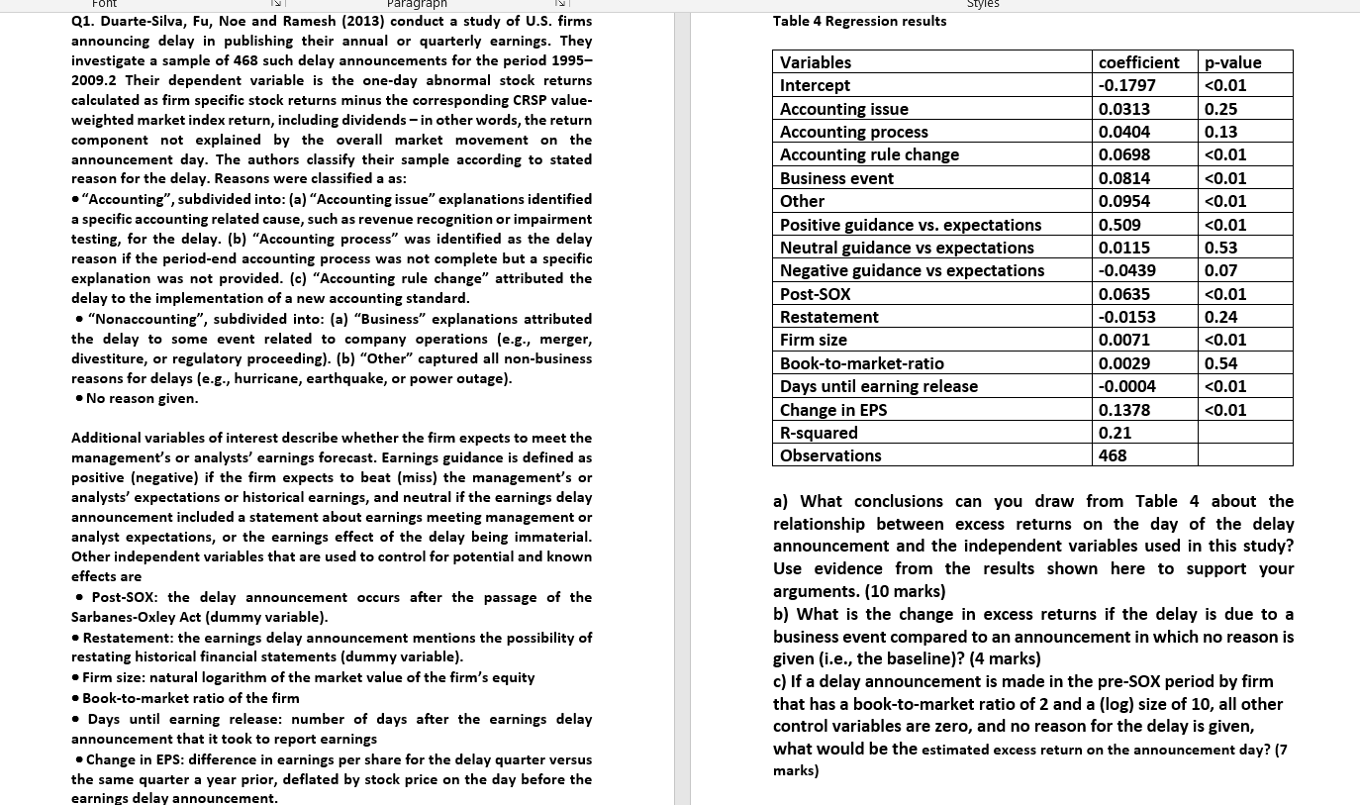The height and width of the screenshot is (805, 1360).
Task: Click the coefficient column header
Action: pos(1138,62)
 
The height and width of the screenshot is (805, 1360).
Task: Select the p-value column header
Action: pos(1232,62)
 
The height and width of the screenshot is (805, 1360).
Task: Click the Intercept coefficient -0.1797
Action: pos(1126,85)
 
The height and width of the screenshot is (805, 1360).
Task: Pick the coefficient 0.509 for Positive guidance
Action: pos(1119,225)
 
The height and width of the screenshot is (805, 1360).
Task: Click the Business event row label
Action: pos(836,178)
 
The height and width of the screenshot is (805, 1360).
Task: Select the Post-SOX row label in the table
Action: pos(815,294)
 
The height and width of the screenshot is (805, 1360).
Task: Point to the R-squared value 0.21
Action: pos(1115,433)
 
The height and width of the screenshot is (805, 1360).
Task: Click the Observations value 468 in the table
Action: pos(1114,455)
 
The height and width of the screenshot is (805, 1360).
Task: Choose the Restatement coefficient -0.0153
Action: pos(1126,317)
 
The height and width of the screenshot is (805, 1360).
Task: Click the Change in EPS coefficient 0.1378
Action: pos(1124,410)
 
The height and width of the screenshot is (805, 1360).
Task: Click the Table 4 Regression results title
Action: pos(859,21)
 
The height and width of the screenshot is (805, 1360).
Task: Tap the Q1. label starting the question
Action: pos(83,21)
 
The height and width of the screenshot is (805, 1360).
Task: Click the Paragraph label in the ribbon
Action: pos(417,5)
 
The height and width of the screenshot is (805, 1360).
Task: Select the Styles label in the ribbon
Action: pos(983,5)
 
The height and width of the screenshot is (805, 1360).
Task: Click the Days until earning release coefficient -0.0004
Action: pos(1126,386)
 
